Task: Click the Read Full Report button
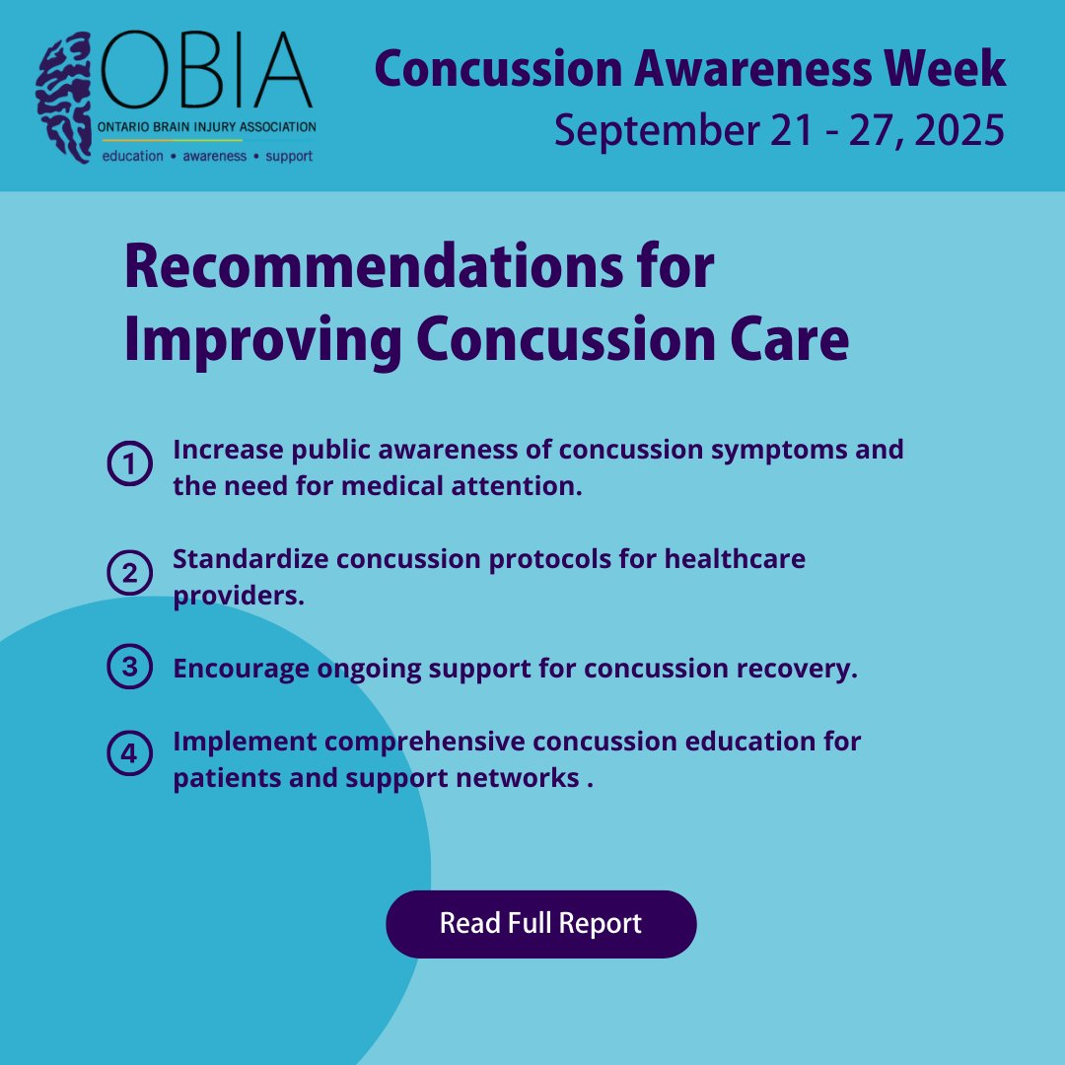tap(540, 924)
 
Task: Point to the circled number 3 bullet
tap(129, 668)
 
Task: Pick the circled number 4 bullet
tap(129, 756)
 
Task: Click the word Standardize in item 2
tap(250, 559)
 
